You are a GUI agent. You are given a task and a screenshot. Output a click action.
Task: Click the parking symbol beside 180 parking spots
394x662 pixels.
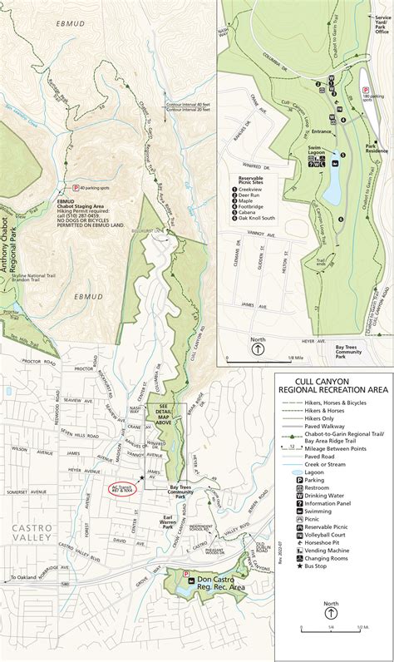pos(364,90)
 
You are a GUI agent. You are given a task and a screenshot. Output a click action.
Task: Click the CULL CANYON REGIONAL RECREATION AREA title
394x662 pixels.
pos(333,386)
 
